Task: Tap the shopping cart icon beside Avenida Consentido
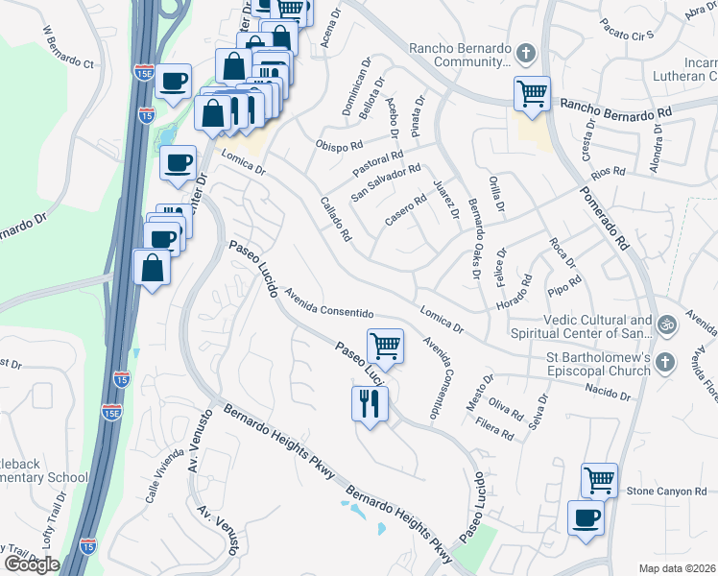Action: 385,346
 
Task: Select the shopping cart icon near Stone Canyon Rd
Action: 599,479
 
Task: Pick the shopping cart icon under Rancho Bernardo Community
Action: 532,94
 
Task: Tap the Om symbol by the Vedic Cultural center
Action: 667,325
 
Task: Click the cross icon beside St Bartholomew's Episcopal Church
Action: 667,362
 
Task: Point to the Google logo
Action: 32,564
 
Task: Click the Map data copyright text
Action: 681,566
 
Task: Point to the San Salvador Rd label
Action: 386,182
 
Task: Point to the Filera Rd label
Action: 494,428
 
